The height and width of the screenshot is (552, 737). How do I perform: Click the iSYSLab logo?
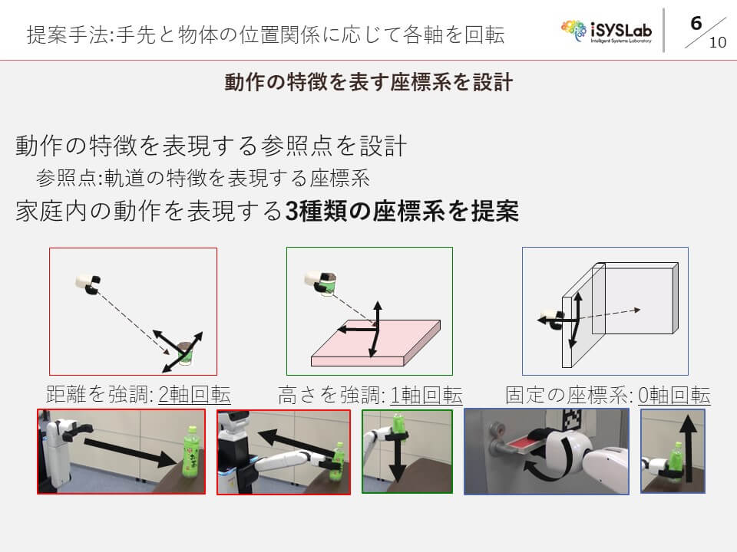pos(606,31)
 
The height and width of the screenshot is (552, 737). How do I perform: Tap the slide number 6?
pos(696,23)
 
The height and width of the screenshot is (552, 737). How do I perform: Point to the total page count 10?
pos(717,42)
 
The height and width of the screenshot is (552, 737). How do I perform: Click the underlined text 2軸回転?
pos(194,394)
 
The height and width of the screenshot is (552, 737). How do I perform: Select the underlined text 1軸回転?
pos(426,395)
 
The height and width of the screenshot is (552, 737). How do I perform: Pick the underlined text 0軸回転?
pos(674,395)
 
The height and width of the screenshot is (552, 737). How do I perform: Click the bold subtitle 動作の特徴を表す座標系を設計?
pos(368,82)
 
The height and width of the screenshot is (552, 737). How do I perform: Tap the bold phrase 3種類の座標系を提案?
pos(402,211)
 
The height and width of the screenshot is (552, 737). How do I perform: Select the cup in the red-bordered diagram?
pos(186,353)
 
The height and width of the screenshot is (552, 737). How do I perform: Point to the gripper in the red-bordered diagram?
pos(88,283)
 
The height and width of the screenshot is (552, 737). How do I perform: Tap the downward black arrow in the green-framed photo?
pos(398,461)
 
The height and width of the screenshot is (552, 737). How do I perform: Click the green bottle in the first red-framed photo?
pos(192,452)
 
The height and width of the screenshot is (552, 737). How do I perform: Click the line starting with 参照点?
pos(203,178)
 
